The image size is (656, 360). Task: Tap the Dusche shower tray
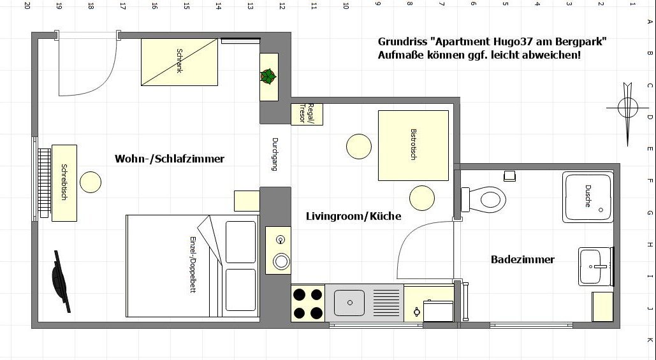pos(588,196)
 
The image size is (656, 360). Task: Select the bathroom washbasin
pos(595,266)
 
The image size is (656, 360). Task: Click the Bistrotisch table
pos(413,145)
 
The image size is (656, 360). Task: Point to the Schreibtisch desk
pos(64,183)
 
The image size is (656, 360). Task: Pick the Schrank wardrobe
pos(179,62)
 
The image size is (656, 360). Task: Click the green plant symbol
pos(268,76)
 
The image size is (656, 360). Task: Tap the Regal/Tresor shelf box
pos(307,113)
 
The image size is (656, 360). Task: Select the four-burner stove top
pos(308,303)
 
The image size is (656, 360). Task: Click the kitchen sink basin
pos(349,303)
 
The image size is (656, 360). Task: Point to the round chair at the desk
pos(91,182)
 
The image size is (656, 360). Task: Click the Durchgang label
pos(275,154)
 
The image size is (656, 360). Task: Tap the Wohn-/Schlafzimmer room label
pos(170,159)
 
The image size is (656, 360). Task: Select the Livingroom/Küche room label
pos(354,216)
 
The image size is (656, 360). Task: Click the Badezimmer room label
pos(523,260)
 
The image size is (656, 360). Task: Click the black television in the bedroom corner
pos(61,282)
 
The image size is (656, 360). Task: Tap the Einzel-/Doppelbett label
pos(193,264)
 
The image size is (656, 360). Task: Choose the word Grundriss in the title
pos(402,42)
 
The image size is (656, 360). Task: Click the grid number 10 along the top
pos(346,6)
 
